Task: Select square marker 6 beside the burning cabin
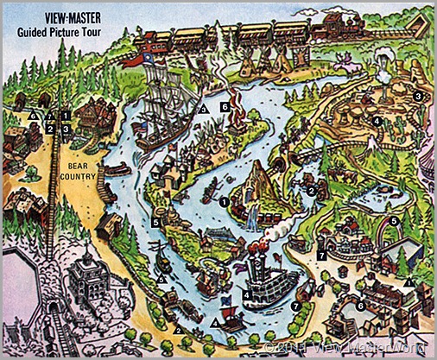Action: pos(224,107)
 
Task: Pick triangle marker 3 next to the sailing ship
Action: pos(204,110)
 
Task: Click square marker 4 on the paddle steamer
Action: pos(247,294)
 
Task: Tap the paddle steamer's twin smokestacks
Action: pos(259,258)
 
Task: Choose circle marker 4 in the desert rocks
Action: pos(377,121)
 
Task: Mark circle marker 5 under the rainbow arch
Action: pos(393,222)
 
